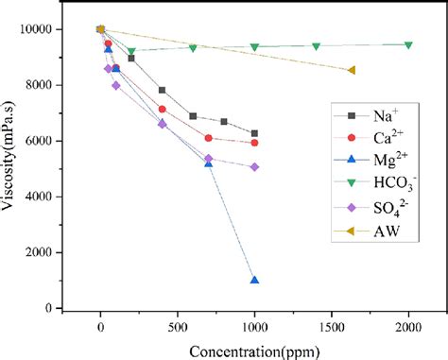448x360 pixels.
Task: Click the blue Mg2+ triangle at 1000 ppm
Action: pos(254,280)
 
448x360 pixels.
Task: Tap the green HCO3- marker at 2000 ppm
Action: pos(408,44)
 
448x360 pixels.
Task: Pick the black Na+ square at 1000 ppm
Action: pos(254,133)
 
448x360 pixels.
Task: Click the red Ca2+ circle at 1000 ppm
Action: pos(254,143)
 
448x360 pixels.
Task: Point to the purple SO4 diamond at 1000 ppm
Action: pos(254,167)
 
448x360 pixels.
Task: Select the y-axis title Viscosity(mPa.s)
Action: pos(11,168)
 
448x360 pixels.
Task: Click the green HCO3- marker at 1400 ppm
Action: pos(316,46)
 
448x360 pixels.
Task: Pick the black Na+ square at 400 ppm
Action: pos(163,91)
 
